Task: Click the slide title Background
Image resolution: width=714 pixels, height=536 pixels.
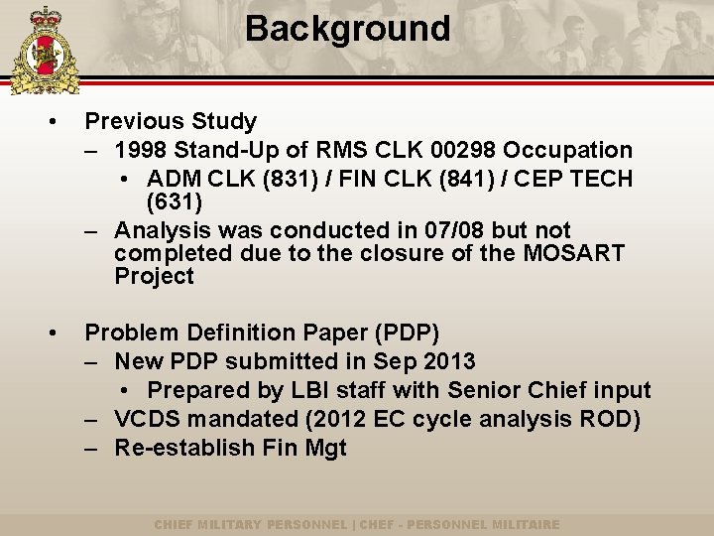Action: coord(347,29)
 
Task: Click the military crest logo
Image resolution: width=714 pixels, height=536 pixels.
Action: coord(44,50)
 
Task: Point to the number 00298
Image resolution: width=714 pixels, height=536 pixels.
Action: coord(464,151)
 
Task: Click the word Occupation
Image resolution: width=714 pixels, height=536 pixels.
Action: coord(567,151)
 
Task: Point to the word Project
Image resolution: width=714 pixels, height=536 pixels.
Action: coord(154,276)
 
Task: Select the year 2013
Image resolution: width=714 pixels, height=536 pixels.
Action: coord(448,361)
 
